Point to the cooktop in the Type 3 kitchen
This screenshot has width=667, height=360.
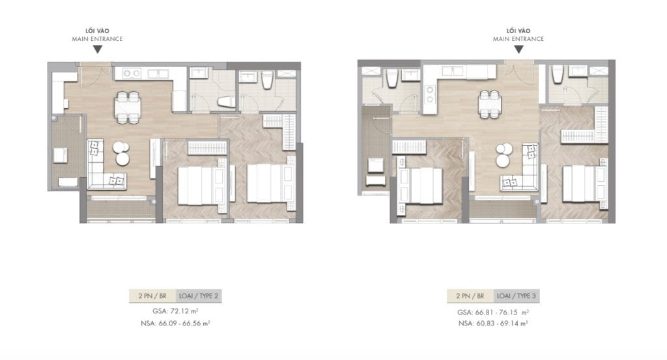(x=430, y=95)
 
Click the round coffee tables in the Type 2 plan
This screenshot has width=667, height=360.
(x=121, y=154)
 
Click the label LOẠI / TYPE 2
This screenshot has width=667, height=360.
(x=200, y=296)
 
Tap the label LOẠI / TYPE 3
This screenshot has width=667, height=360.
(x=517, y=296)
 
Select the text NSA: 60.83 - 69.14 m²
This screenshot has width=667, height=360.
(x=492, y=323)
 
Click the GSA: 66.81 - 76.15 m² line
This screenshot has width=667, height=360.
(x=492, y=312)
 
